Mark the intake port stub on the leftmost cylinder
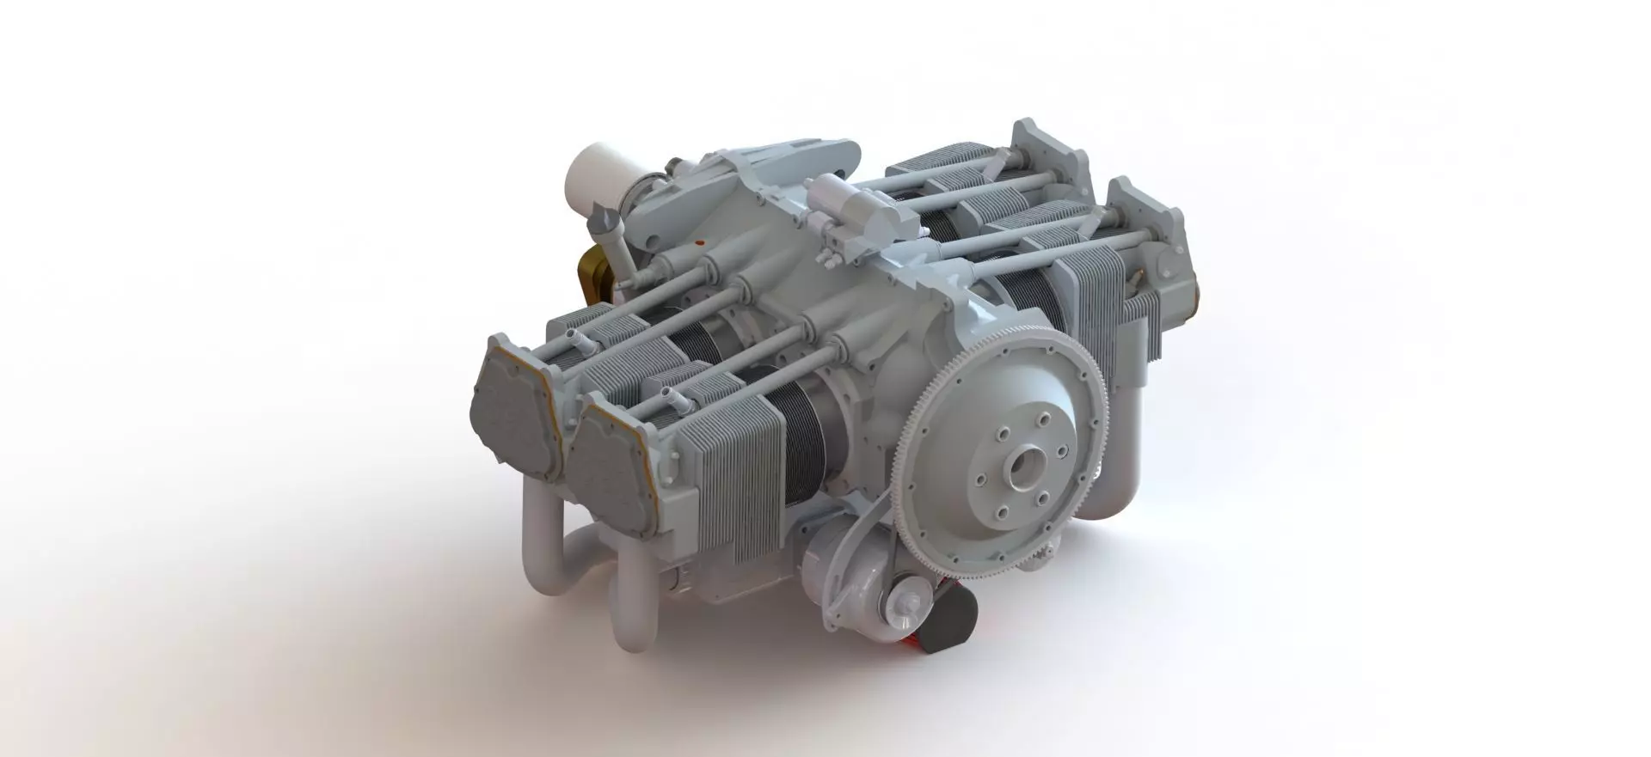click(578, 345)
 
